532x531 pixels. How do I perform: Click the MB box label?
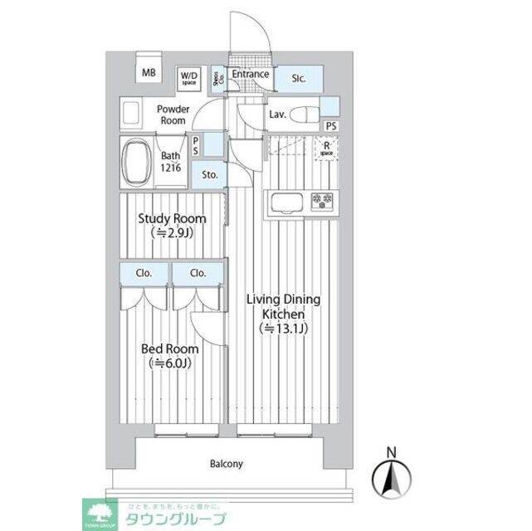point(149,73)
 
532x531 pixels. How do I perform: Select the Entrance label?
point(250,75)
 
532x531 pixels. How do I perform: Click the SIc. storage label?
point(299,79)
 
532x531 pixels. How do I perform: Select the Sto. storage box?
point(209,175)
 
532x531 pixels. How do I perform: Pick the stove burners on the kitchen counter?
point(321,200)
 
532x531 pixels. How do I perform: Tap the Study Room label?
point(172,226)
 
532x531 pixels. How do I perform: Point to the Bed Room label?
point(170,356)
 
